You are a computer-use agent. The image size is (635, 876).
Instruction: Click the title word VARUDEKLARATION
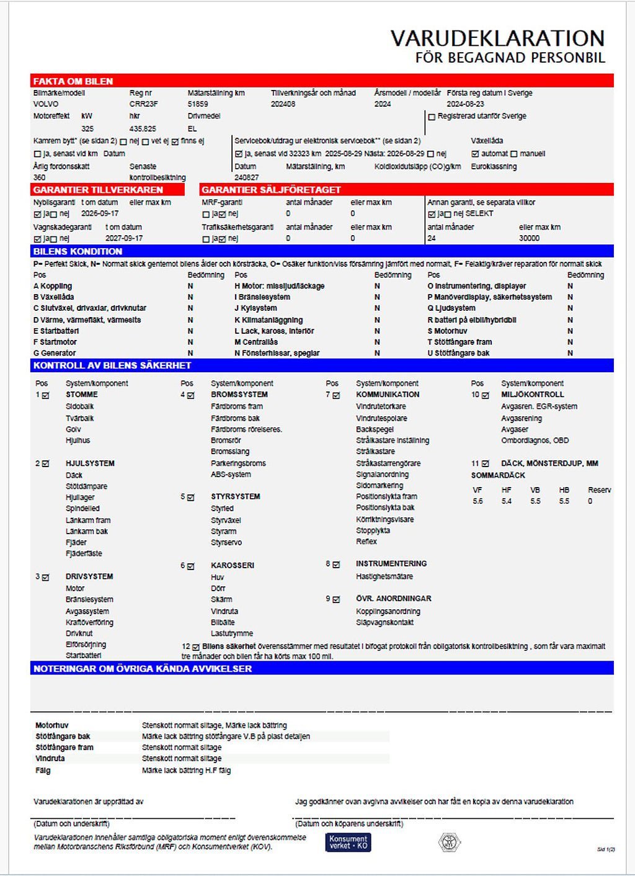pyautogui.click(x=497, y=38)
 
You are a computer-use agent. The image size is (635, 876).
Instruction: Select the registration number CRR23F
pyautogui.click(x=143, y=104)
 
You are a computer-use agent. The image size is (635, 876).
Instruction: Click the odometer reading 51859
pyautogui.click(x=198, y=104)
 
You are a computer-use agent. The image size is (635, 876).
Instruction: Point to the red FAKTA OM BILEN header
pyautogui.click(x=73, y=81)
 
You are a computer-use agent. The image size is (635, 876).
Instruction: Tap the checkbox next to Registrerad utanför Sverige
pyautogui.click(x=432, y=117)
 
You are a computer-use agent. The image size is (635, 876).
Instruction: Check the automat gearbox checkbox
pyautogui.click(x=475, y=154)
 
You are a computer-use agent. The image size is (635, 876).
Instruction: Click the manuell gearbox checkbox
pyautogui.click(x=513, y=154)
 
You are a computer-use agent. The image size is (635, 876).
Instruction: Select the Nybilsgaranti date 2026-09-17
pyautogui.click(x=100, y=213)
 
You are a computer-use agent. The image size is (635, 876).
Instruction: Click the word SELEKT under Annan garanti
pyautogui.click(x=479, y=213)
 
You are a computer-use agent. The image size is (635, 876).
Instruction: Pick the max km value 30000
pyautogui.click(x=529, y=238)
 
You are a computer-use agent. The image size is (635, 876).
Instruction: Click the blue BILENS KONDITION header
pyautogui.click(x=78, y=251)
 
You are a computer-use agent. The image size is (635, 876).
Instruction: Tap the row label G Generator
pyautogui.click(x=55, y=353)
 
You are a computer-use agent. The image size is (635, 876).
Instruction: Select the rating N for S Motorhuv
pyautogui.click(x=570, y=331)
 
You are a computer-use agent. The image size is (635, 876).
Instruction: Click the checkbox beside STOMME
pyautogui.click(x=45, y=395)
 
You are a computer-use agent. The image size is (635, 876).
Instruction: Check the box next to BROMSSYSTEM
pyautogui.click(x=190, y=395)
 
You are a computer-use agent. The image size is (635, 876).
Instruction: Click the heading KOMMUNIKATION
pyautogui.click(x=388, y=395)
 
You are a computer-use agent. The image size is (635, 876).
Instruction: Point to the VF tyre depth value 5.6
pyautogui.click(x=477, y=501)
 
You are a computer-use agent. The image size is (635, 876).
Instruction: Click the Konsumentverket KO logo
pyautogui.click(x=348, y=842)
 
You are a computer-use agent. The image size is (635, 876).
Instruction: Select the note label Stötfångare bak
pyautogui.click(x=63, y=736)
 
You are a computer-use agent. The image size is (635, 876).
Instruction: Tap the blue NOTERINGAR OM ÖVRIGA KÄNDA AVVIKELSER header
pyautogui.click(x=143, y=669)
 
